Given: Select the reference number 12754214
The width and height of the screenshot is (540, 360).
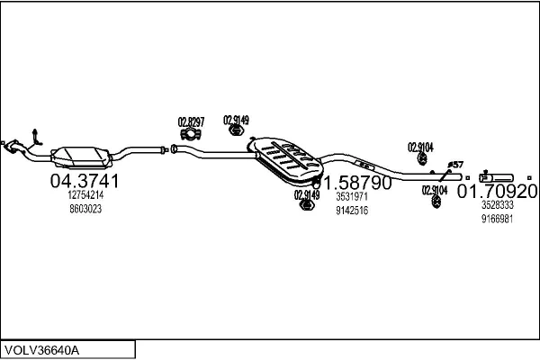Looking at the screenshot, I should click(x=85, y=195).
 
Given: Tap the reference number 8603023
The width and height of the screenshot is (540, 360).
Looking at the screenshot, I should click(x=85, y=210).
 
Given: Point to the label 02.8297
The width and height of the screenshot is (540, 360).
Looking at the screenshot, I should click(x=191, y=121).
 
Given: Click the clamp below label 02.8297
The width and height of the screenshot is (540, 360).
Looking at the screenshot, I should click(x=190, y=135).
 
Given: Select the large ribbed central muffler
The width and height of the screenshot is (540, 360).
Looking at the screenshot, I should click(x=286, y=158).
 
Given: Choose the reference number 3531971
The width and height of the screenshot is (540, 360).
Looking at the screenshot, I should click(x=352, y=196).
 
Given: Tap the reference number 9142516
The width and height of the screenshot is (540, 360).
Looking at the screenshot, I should click(x=352, y=211).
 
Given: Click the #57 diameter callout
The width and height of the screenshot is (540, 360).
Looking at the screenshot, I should click(x=455, y=165).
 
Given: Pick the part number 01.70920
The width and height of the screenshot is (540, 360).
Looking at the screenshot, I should click(x=498, y=192).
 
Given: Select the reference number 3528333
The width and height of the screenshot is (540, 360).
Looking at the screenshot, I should click(x=497, y=205).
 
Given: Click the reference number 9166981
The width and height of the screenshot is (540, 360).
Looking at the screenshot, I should click(x=497, y=219).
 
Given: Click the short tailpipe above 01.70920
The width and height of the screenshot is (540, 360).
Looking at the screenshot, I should click(x=497, y=175).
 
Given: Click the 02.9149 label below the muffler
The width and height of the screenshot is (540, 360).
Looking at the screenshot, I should click(x=306, y=193).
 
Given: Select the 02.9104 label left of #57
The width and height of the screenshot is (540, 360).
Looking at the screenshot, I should click(x=420, y=147).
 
